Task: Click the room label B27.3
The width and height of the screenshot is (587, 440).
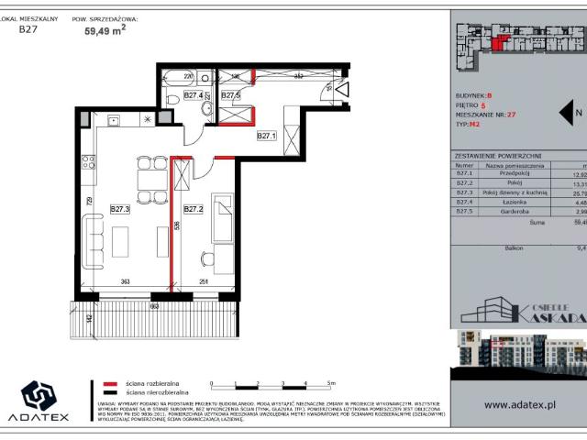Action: (x=121, y=209)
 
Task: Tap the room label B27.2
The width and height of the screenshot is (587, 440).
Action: (x=194, y=209)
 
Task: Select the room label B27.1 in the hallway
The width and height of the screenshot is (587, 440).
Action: (x=267, y=136)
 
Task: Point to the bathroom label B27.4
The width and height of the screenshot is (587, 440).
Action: (x=193, y=94)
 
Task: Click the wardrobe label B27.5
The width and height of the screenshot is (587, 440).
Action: (x=230, y=94)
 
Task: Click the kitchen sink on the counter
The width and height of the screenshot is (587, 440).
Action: (x=114, y=119)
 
